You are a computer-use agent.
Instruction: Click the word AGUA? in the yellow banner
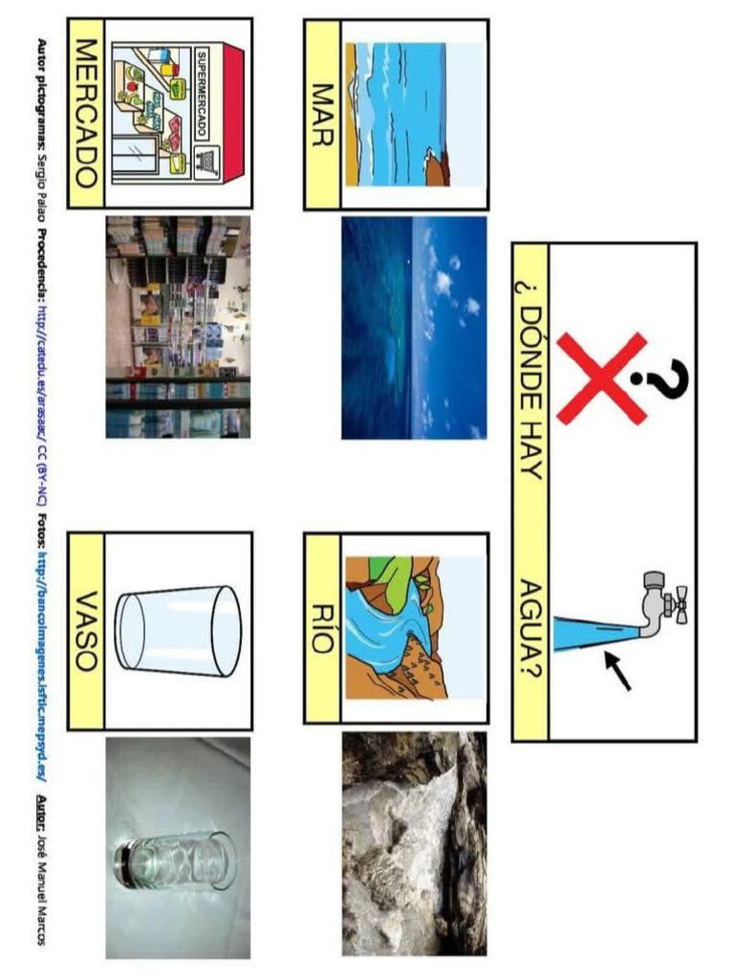(x=531, y=630)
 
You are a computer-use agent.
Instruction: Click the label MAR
(x=322, y=114)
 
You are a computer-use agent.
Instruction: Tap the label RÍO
(x=322, y=631)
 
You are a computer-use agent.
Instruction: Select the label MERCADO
(x=87, y=113)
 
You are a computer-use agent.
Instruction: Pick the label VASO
(x=87, y=631)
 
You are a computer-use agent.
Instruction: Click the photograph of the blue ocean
(x=414, y=327)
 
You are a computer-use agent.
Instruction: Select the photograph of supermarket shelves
(x=178, y=327)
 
